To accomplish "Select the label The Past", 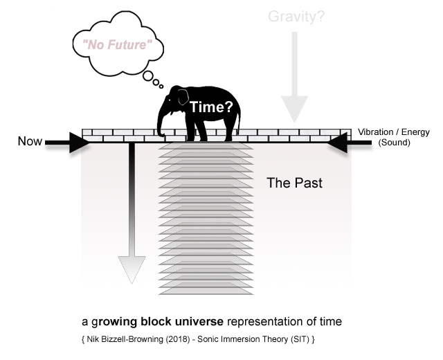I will (295, 184).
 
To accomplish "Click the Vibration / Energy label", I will (393, 132).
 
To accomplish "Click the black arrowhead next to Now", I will (80, 143).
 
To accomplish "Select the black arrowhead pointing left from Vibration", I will (338, 143).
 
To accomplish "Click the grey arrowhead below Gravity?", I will (295, 111).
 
